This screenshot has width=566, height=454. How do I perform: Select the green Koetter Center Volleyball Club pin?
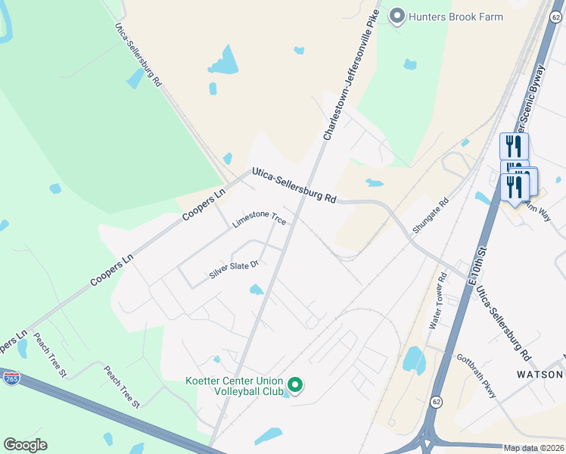pyautogui.click(x=296, y=386)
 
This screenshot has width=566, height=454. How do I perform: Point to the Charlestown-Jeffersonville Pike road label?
pyautogui.click(x=350, y=79)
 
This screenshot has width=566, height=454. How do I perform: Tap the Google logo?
pyautogui.click(x=25, y=445)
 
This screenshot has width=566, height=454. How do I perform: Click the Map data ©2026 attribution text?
pyautogui.click(x=533, y=448)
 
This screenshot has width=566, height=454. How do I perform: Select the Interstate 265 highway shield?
pyautogui.click(x=11, y=378)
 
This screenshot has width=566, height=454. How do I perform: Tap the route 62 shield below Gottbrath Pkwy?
pyautogui.click(x=437, y=400)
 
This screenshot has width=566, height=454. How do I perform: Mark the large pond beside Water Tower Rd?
pyautogui.click(x=414, y=359)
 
